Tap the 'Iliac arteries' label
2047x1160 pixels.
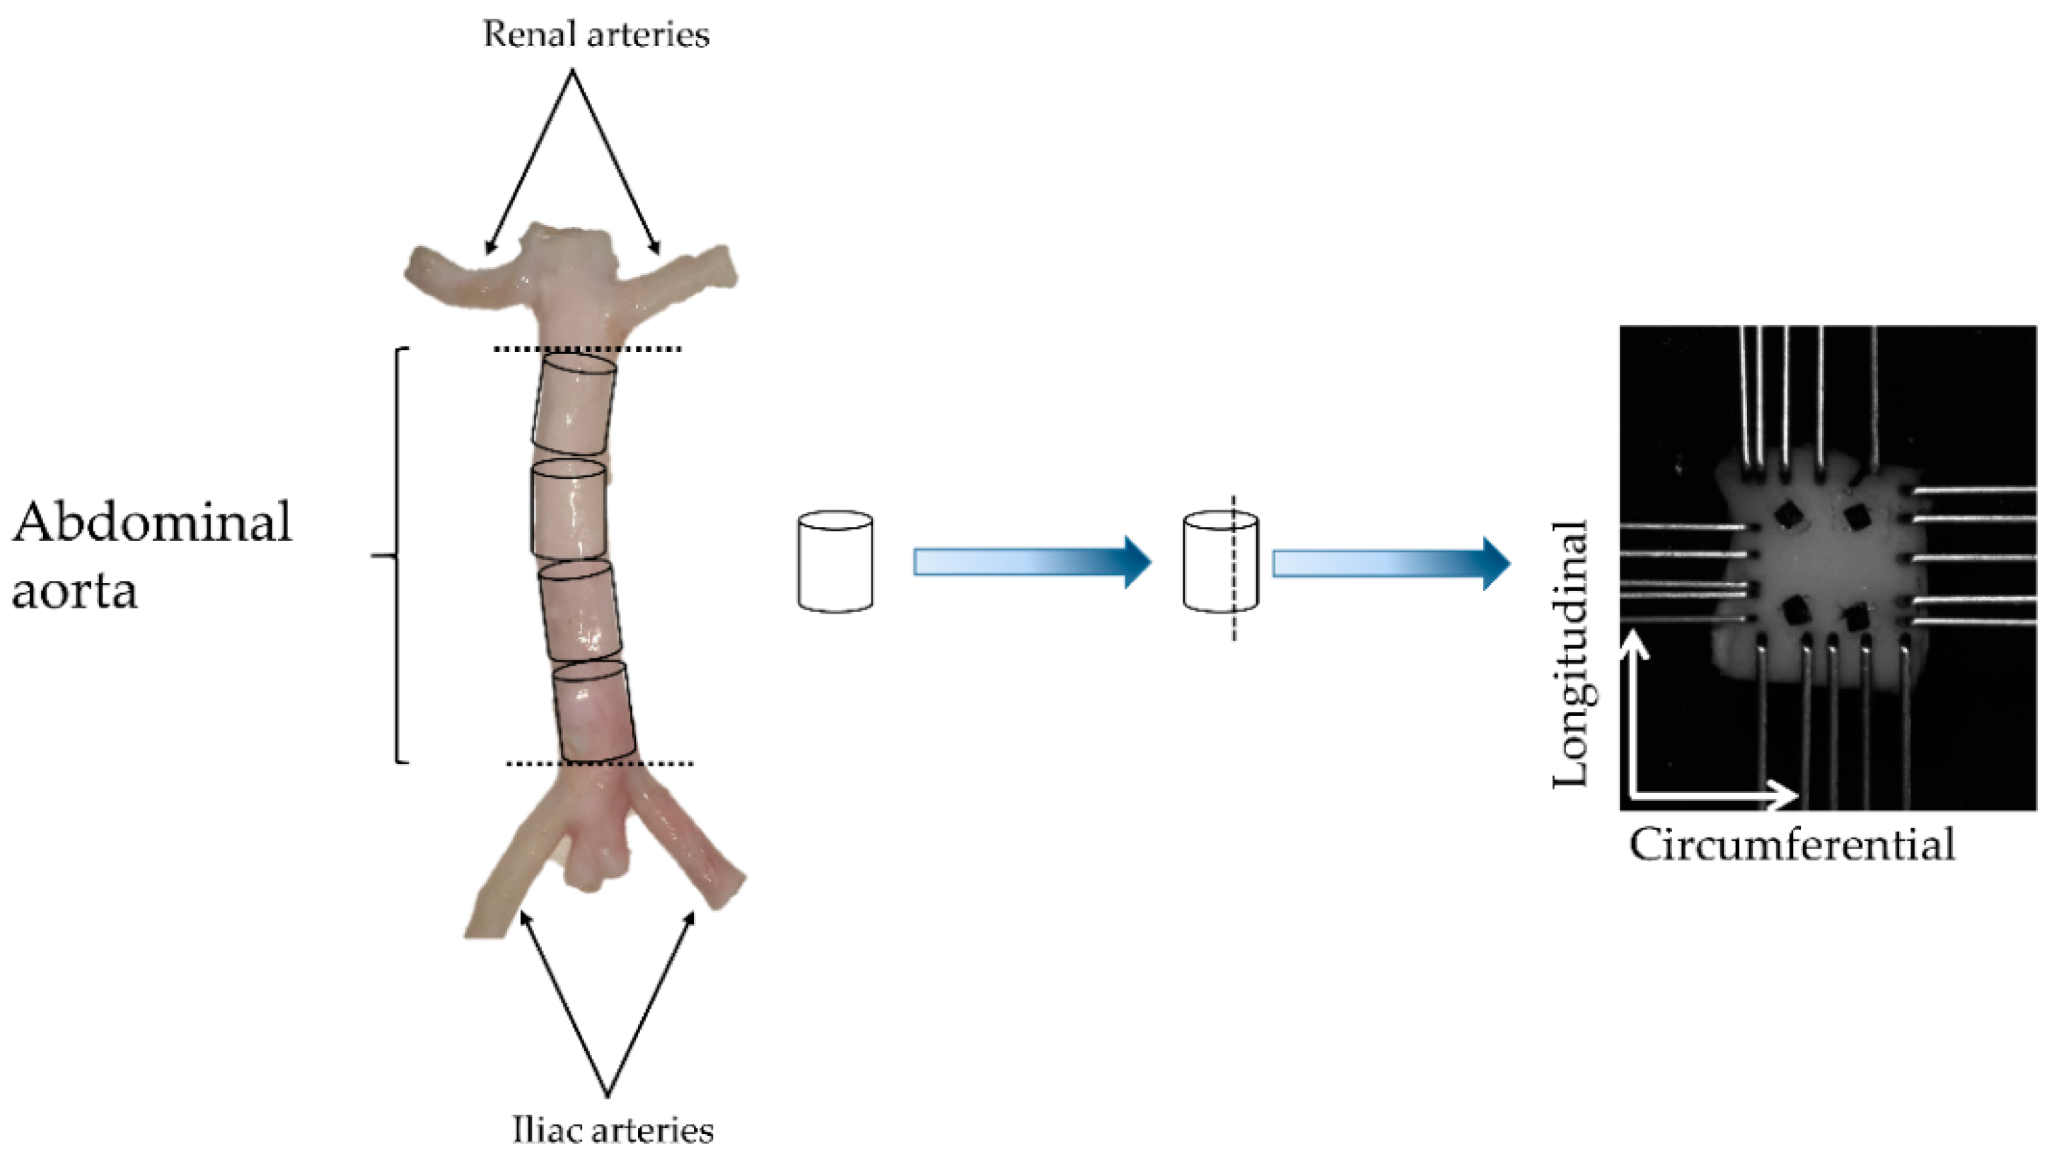coord(612,1130)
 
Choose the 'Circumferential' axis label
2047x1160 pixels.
coord(1791,845)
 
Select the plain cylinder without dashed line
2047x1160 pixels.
coord(835,562)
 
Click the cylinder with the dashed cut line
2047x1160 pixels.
coord(1220,562)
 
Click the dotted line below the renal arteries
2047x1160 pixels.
coord(588,349)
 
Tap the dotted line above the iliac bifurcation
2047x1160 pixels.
coord(599,764)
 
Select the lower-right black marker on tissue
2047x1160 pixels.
coord(1857,616)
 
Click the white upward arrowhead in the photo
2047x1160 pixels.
coord(1635,645)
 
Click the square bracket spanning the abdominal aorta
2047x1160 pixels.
coord(398,556)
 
